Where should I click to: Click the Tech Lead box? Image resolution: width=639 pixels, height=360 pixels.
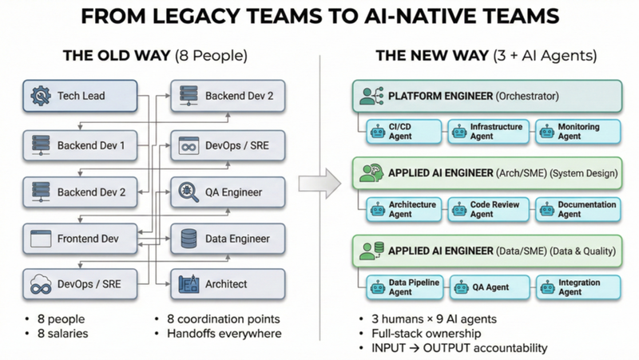pos(80,96)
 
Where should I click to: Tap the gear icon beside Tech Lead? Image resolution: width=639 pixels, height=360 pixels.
pos(41,96)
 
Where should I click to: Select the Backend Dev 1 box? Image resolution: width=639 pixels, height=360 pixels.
pos(80,145)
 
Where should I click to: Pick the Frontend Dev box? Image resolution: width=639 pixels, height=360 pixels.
pos(80,239)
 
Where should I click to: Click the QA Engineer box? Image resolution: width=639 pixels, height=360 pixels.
pos(228,192)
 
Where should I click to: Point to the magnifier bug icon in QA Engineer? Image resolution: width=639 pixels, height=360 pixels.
pos(189,192)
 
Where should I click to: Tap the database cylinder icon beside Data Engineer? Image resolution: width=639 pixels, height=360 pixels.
pos(189,239)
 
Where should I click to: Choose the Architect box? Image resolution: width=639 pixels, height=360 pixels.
pos(228,284)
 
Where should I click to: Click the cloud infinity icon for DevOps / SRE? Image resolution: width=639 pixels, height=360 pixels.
pos(41,284)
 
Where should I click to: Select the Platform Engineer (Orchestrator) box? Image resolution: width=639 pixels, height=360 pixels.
pos(487,96)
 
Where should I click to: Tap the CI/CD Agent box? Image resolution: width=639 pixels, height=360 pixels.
pos(403,132)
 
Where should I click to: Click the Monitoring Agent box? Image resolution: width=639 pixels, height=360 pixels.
pos(577,132)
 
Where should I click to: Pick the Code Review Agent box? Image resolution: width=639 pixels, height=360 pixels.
pos(488,209)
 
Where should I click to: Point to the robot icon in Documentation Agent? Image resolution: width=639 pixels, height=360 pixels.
pos(547,210)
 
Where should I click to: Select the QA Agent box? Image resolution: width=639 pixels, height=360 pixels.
pos(490,287)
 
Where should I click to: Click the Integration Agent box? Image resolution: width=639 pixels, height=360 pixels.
pos(578,287)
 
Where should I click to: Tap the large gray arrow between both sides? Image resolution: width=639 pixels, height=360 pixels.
pos(320,184)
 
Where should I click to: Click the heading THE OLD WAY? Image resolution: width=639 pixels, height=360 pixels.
pos(117,56)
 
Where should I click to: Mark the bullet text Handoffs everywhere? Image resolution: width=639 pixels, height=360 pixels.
pos(224,334)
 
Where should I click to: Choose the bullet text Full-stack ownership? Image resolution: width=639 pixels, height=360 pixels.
pos(427,334)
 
